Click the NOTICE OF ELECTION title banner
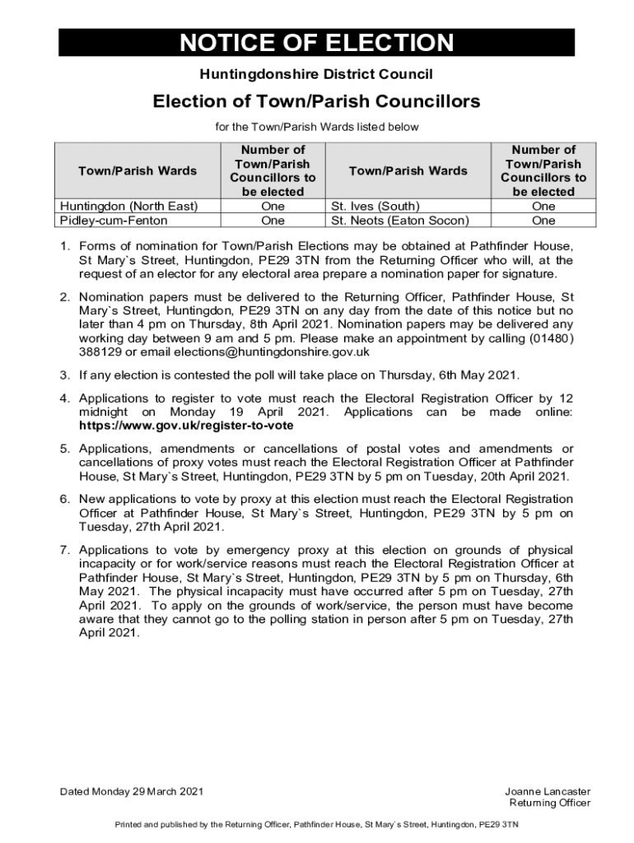point(317,43)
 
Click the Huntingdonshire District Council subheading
point(317,75)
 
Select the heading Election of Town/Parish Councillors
point(317,102)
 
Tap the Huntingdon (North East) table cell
point(128,206)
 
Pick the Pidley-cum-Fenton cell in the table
point(114,221)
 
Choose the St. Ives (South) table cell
point(375,206)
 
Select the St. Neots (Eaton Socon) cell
point(400,221)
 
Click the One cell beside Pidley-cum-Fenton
point(273,221)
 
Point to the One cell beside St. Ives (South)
point(543,206)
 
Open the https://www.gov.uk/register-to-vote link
point(186,426)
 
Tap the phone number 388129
point(100,352)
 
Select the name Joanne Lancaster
point(548,792)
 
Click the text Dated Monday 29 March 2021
point(131,792)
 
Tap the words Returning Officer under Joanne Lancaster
point(550,803)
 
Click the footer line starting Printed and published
point(316,824)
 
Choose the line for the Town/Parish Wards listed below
point(317,127)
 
